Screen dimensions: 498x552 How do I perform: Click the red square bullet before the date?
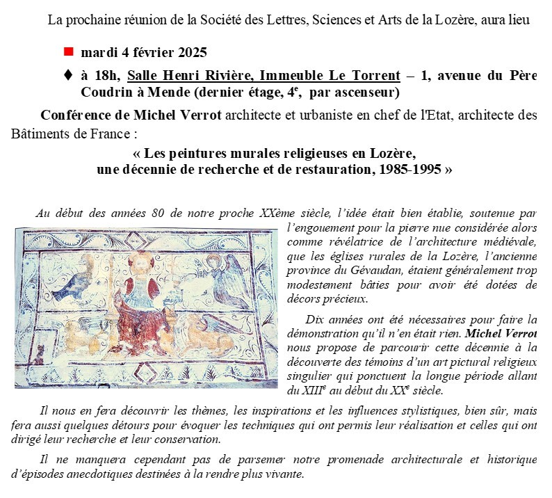(x=68, y=52)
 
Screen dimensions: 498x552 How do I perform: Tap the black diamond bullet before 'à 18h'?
(x=67, y=75)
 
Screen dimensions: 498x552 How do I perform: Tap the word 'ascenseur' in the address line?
(x=366, y=92)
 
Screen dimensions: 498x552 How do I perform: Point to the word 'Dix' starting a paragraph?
(x=316, y=319)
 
